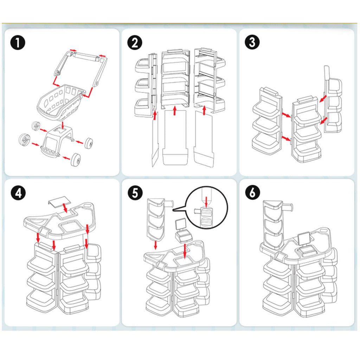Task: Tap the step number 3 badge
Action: point(252,43)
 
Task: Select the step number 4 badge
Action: point(18,194)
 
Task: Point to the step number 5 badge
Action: point(135,194)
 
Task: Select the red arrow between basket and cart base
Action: point(62,125)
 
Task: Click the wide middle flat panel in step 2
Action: point(175,137)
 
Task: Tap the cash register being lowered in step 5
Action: point(183,232)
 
